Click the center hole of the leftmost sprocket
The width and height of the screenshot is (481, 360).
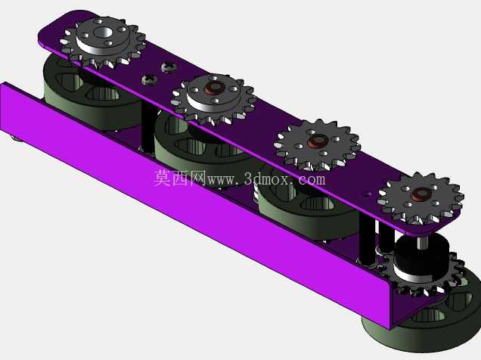[x=103, y=32]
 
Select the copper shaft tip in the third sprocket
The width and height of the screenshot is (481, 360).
[x=318, y=141]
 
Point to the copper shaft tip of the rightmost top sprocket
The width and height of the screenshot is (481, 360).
[x=421, y=194]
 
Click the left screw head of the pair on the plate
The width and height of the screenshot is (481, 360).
[x=150, y=79]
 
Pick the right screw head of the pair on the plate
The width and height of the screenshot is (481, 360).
[x=169, y=67]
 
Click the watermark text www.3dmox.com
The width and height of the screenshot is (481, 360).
[x=266, y=179]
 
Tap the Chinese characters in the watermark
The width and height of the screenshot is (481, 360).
[x=179, y=178]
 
